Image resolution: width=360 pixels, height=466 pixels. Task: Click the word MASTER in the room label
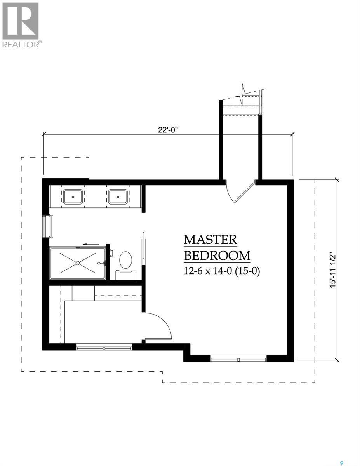click(210, 240)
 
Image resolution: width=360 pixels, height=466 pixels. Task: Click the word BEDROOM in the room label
click(217, 256)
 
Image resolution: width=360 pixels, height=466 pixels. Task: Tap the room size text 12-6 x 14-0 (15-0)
click(221, 271)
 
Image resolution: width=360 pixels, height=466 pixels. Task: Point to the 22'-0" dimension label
click(168, 130)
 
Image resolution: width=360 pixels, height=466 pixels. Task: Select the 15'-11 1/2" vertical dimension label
click(331, 270)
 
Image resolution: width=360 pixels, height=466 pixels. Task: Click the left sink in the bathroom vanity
click(72, 196)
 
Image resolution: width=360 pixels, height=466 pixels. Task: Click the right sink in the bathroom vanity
click(117, 196)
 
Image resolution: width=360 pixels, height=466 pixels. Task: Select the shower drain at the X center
click(78, 263)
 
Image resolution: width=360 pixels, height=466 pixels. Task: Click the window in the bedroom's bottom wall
click(239, 358)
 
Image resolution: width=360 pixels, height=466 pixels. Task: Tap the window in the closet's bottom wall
click(104, 347)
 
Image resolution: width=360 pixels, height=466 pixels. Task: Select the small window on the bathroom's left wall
click(49, 226)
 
